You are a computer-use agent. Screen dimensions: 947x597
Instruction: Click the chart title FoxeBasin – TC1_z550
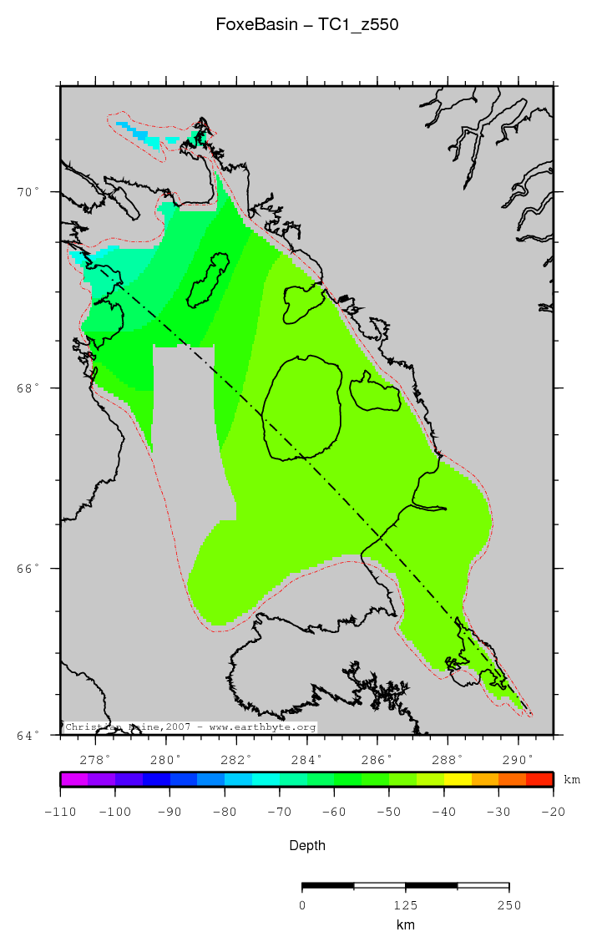coord(306,25)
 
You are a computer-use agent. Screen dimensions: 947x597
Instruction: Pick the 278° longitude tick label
coord(96,760)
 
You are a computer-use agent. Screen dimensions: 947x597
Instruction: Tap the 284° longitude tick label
coord(307,760)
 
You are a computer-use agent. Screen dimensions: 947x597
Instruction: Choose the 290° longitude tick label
coord(519,760)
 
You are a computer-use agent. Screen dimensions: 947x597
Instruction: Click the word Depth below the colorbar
coord(306,846)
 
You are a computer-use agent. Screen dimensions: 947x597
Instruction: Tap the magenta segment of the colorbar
coord(74,779)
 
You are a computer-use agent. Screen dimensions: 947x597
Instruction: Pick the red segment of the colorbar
coord(539,779)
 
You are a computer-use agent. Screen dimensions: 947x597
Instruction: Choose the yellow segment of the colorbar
coord(458,779)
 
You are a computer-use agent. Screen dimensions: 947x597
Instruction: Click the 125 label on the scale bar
coord(405,905)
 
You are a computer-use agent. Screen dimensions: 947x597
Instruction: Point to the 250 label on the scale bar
coord(508,905)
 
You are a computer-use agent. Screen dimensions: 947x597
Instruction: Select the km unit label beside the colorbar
coord(572,780)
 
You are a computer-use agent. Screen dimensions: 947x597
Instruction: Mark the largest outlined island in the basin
coord(302,408)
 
